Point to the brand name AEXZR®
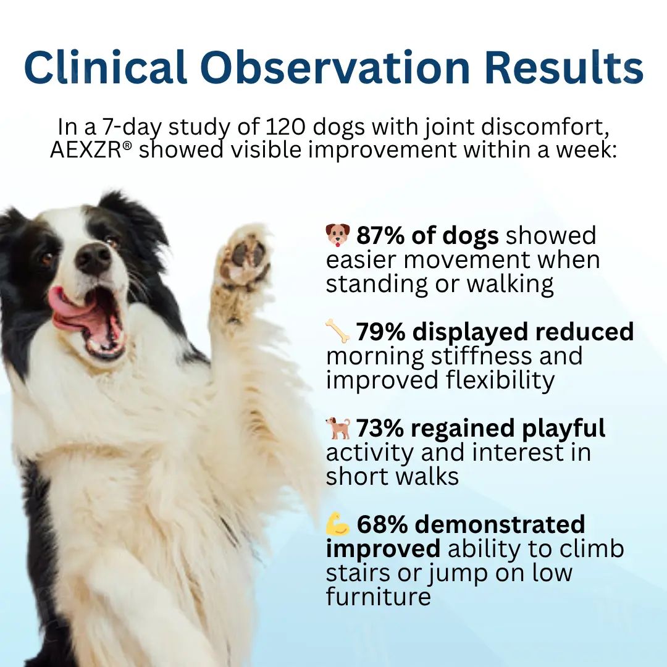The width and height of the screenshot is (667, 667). [x=91, y=150]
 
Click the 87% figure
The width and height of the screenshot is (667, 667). [x=378, y=236]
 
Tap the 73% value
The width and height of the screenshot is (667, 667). [x=379, y=429]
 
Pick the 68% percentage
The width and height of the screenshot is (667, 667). [x=382, y=525]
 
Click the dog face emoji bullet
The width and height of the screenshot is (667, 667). [x=338, y=235]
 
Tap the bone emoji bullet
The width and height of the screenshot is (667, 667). [x=338, y=332]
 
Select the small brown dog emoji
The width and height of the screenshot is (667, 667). [x=338, y=428]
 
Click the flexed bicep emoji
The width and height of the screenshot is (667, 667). [x=338, y=524]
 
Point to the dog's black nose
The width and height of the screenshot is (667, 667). [x=93, y=257]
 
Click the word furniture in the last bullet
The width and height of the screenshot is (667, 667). [x=378, y=597]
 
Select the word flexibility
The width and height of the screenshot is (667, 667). [x=500, y=380]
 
